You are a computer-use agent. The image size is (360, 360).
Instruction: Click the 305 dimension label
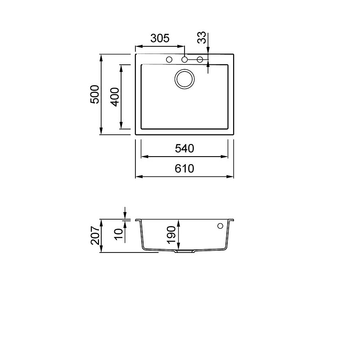pyautogui.click(x=160, y=38)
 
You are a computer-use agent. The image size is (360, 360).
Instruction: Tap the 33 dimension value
pyautogui.click(x=202, y=37)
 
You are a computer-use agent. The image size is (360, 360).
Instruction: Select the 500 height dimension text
pyautogui.click(x=94, y=94)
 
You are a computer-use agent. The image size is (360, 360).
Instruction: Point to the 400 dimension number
pyautogui.click(x=115, y=97)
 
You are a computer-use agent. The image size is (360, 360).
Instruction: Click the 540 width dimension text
pyautogui.click(x=184, y=148)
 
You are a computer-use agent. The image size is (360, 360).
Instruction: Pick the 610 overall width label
pyautogui.click(x=184, y=169)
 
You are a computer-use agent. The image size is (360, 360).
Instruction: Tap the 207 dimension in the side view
pyautogui.click(x=95, y=235)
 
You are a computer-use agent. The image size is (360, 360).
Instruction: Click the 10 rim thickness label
pyautogui.click(x=119, y=234)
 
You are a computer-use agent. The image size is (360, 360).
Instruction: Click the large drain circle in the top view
pyautogui.click(x=184, y=70)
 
